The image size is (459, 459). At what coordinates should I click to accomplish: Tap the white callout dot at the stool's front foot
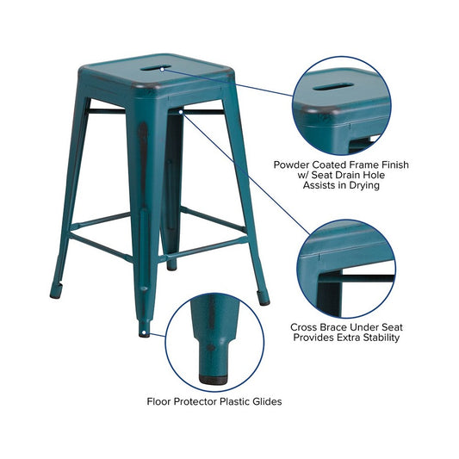(144, 332)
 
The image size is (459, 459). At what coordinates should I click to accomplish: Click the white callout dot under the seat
(181, 112)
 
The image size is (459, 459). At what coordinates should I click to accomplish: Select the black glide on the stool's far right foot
(264, 301)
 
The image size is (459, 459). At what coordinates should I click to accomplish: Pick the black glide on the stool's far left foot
(56, 295)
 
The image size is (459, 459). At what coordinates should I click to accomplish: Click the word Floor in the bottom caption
(159, 401)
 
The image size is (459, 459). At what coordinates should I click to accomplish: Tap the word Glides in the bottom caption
(267, 401)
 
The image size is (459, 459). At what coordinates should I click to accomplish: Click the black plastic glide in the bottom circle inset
(213, 380)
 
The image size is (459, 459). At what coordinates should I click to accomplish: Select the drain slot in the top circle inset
(332, 87)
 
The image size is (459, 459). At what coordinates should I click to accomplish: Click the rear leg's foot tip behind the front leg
(172, 265)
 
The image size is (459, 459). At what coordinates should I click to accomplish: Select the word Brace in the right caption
(333, 327)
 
